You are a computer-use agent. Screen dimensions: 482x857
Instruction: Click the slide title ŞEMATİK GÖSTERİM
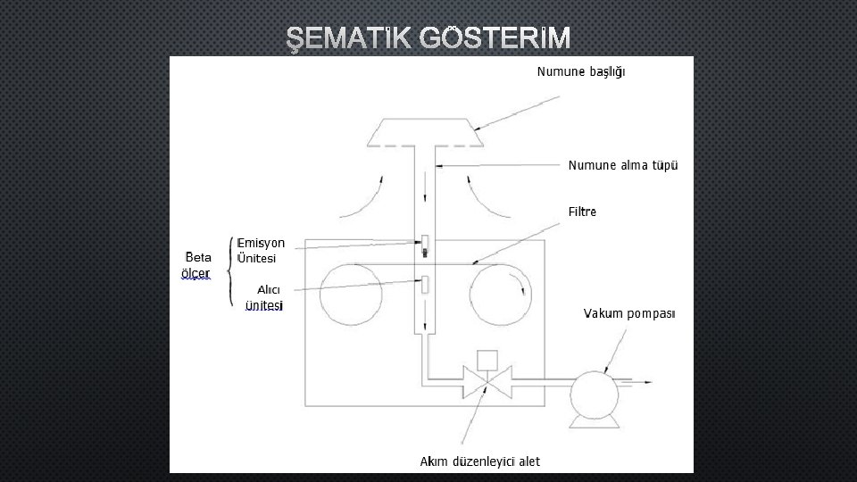[x=428, y=37]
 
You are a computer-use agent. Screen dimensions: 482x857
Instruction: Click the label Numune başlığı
[x=580, y=71]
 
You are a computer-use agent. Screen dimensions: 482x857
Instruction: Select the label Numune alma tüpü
[x=623, y=165]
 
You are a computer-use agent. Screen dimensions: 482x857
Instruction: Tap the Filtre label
[x=582, y=212]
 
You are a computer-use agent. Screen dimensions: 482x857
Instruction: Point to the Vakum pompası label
[x=629, y=313]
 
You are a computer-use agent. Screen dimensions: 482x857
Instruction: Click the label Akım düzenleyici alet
[x=480, y=461]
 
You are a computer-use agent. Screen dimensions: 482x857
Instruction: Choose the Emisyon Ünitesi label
[x=261, y=250]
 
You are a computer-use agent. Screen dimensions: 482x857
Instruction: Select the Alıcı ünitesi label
[x=264, y=297]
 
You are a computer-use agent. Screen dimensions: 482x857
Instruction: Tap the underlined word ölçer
[x=196, y=273]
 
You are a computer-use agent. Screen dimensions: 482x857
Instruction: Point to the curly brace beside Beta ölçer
[x=231, y=271]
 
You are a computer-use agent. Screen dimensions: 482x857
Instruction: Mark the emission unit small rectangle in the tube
[x=425, y=242]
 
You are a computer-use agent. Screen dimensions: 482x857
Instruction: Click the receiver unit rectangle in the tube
[x=425, y=285]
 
